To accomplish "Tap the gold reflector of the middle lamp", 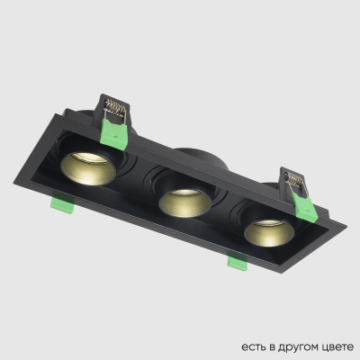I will click(x=181, y=203).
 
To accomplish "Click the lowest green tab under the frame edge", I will click(x=237, y=264).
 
